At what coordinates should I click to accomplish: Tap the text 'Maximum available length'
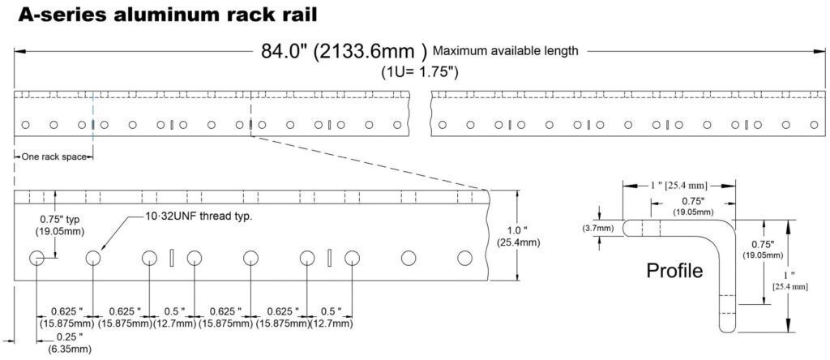[506, 51]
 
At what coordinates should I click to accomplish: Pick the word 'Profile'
[674, 271]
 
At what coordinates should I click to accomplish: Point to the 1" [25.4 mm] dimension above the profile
[678, 186]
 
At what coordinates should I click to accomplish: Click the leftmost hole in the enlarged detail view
[37, 258]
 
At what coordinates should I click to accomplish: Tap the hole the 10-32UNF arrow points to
[92, 258]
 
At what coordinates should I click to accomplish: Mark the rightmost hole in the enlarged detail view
[464, 258]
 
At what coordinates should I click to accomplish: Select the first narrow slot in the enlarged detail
[172, 258]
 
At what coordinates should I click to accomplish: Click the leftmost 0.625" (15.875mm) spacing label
[67, 318]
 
